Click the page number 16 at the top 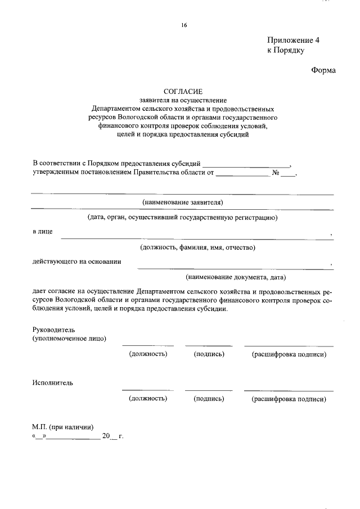tap(183, 25)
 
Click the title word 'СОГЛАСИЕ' tap(182, 91)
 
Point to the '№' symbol tap(276, 173)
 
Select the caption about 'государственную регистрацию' tap(182, 217)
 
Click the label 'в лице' tap(42, 232)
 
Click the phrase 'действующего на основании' tap(76, 262)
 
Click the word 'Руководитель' tap(54, 330)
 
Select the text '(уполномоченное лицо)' tap(69, 339)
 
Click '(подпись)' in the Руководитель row tap(209, 354)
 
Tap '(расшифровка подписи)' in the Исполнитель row tap(289, 398)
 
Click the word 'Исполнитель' tap(52, 383)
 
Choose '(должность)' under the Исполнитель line tap(148, 398)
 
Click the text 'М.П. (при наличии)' tap(62, 426)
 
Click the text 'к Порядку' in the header tap(285, 50)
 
